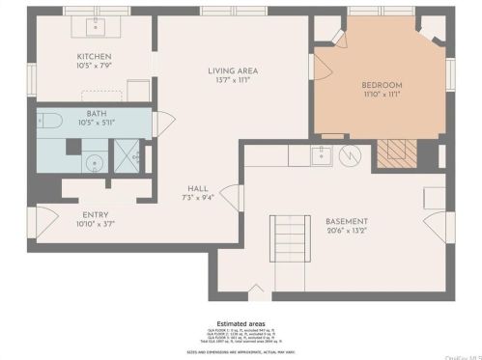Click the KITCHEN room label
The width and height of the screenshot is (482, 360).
click(x=95, y=56)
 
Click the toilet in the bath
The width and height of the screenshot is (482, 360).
click(x=50, y=123)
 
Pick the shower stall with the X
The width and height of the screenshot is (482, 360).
click(x=127, y=153)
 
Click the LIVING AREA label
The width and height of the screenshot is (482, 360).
click(x=232, y=70)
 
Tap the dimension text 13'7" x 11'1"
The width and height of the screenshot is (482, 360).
click(x=232, y=80)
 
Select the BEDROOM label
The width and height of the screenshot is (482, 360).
click(x=382, y=85)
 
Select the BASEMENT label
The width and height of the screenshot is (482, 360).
click(x=348, y=220)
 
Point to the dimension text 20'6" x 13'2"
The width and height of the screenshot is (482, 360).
click(x=348, y=230)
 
